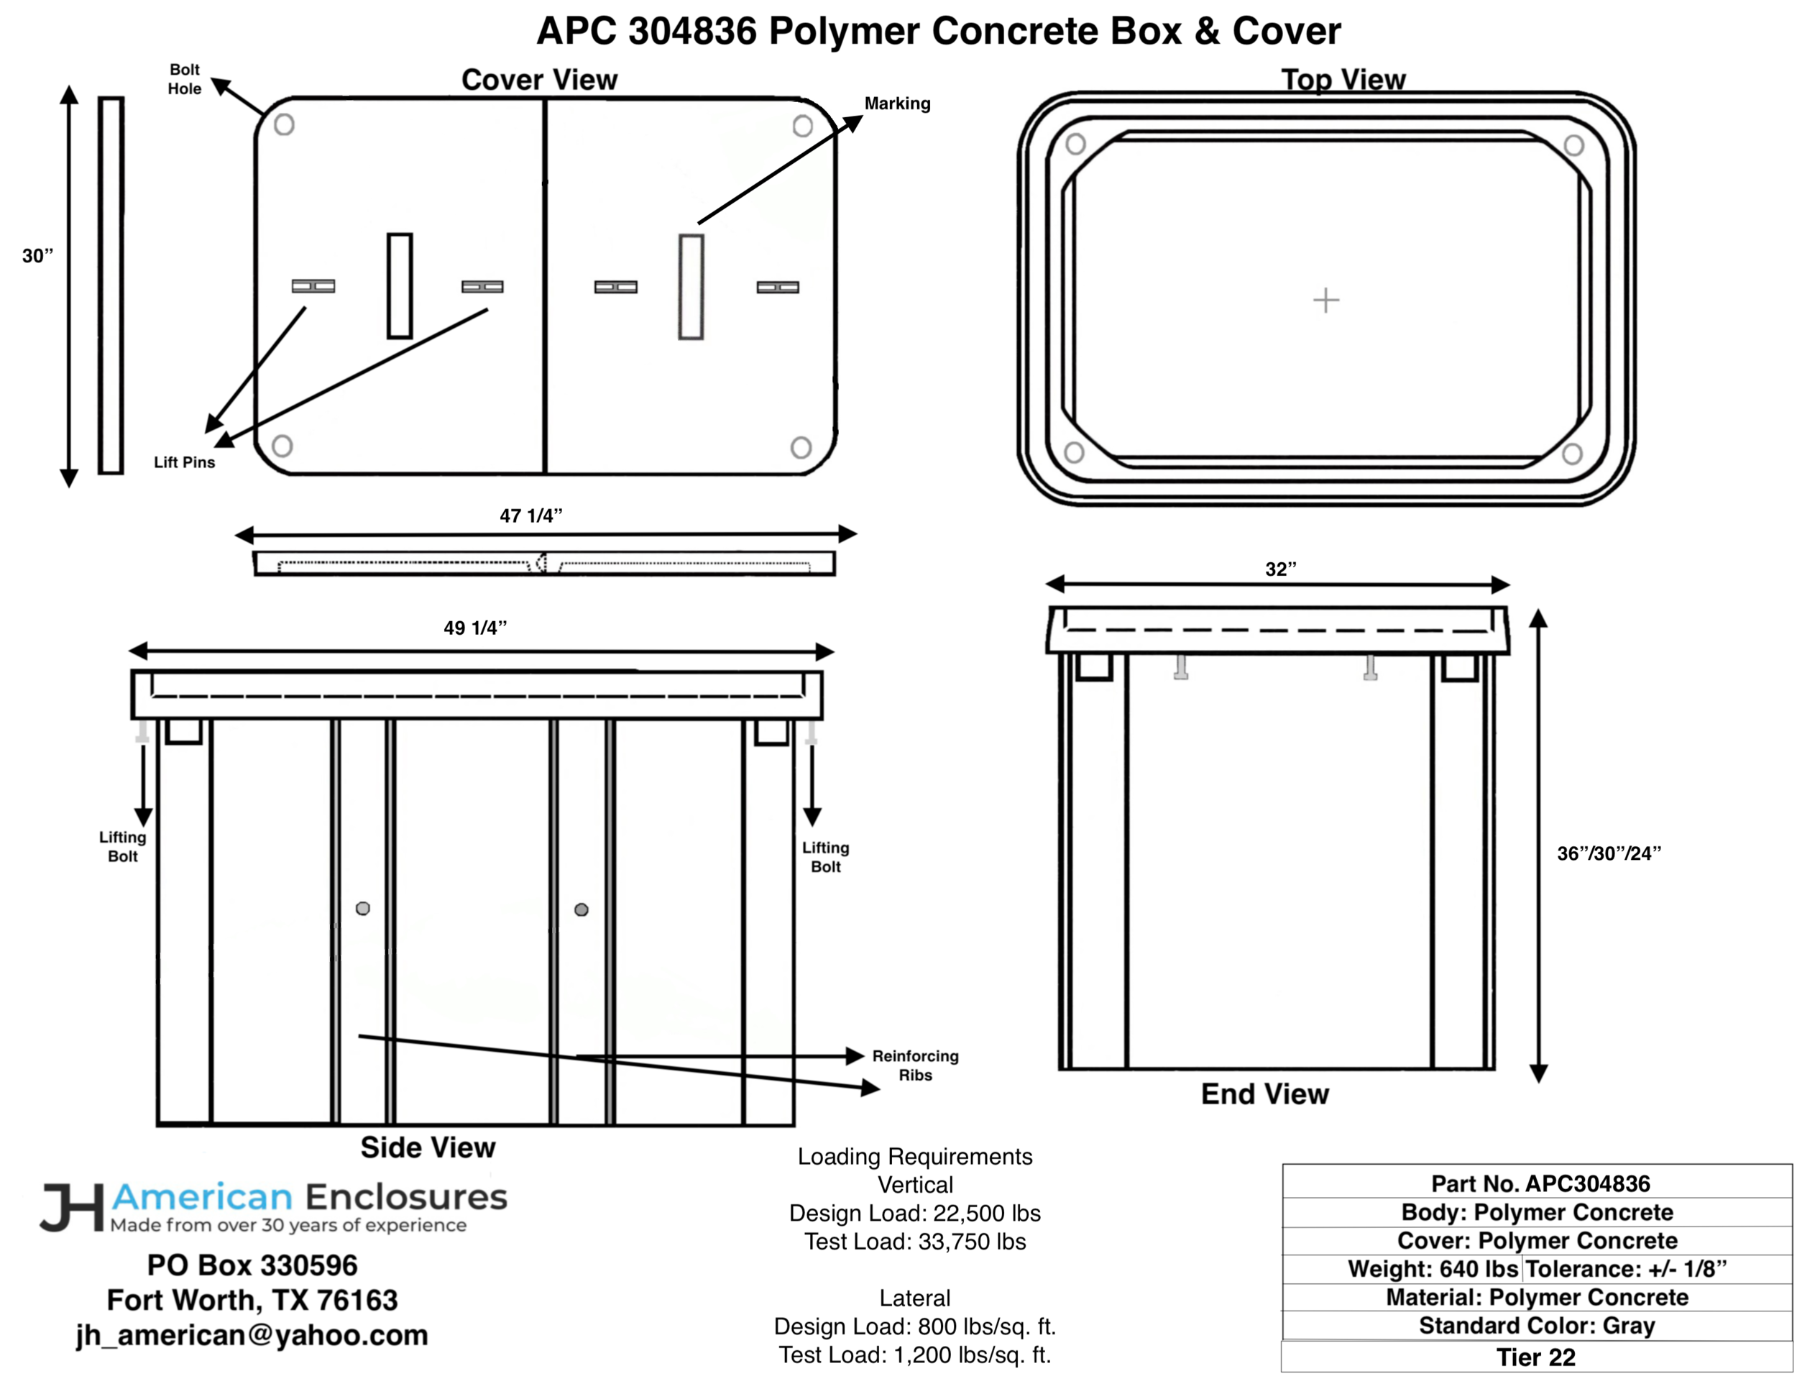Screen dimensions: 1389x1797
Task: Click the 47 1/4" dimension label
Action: click(530, 516)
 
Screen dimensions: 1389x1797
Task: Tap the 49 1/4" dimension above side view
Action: click(474, 628)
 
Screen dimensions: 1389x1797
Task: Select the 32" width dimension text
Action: click(1280, 569)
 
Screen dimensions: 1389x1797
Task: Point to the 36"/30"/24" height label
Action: click(1609, 853)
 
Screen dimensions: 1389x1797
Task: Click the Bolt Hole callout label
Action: click(184, 79)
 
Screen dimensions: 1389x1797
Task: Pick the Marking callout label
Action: click(897, 104)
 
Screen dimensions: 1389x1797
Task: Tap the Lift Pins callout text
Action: click(184, 462)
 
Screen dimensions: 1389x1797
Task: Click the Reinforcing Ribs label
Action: click(915, 1065)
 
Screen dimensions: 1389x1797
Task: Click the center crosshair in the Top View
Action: click(1325, 300)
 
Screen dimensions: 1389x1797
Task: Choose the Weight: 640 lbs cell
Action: click(1432, 1268)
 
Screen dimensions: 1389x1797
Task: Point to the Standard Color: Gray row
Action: click(1536, 1325)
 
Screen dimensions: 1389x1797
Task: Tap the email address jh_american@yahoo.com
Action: click(252, 1334)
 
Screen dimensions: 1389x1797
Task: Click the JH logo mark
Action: click(73, 1207)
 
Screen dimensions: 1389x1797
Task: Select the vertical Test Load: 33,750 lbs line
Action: click(915, 1241)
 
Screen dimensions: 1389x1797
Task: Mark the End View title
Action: click(1264, 1094)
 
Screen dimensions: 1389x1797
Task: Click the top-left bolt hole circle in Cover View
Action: click(284, 125)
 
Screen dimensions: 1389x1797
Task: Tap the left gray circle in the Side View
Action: click(363, 909)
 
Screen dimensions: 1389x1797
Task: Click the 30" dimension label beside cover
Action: click(38, 256)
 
